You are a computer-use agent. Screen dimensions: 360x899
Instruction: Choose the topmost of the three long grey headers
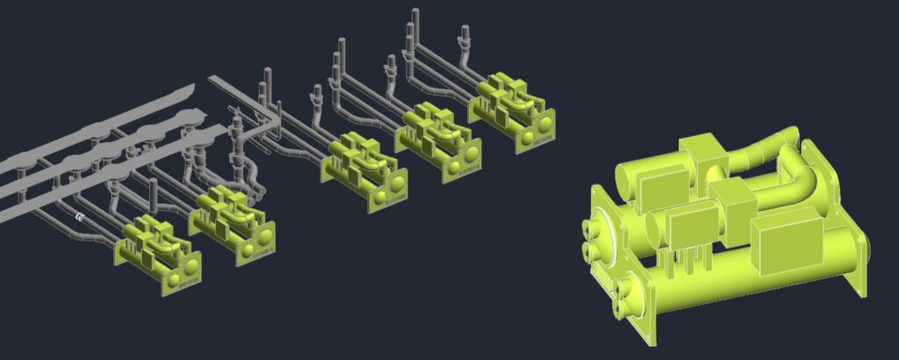click(97, 127)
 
